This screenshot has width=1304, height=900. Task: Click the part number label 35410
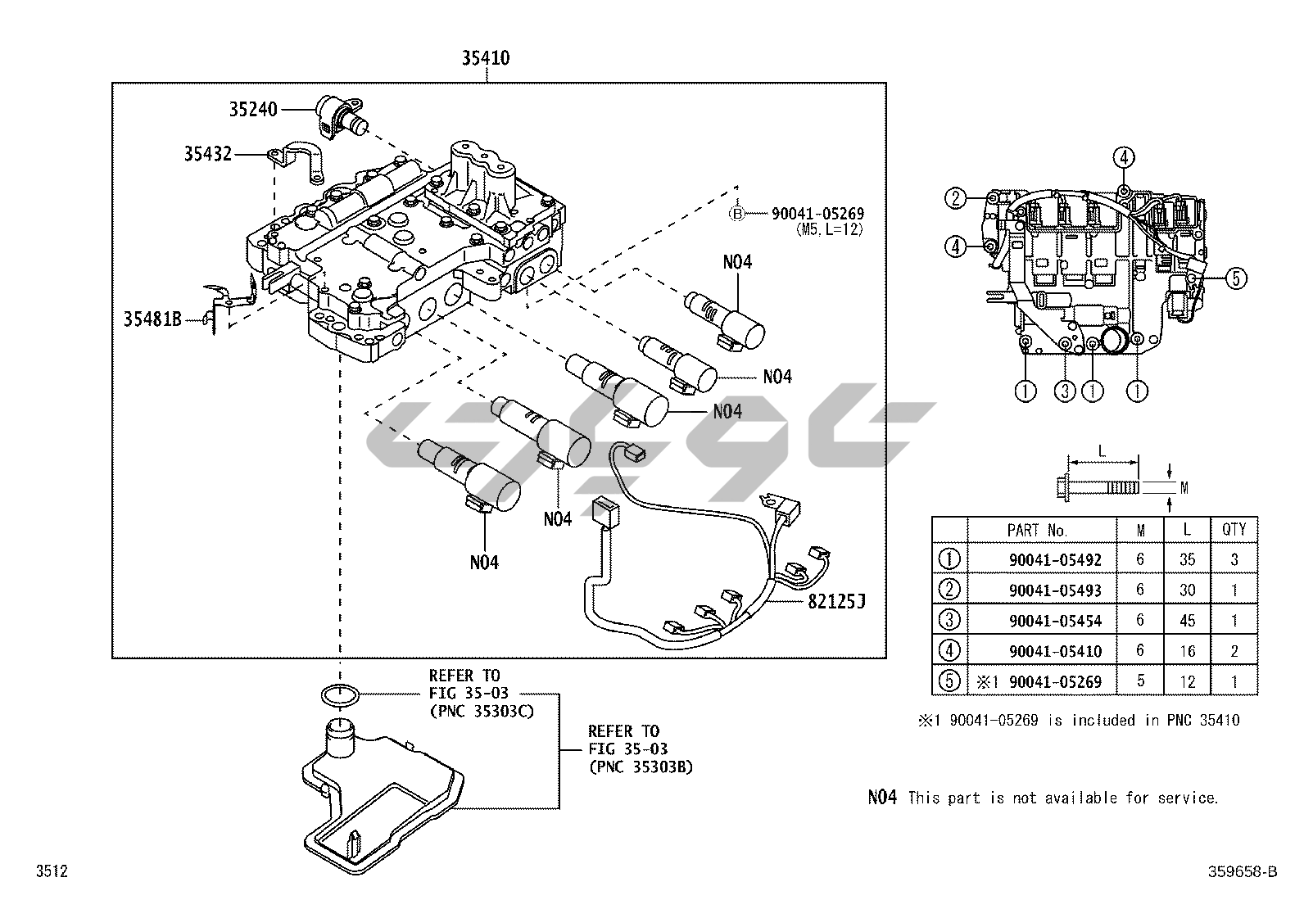(x=486, y=58)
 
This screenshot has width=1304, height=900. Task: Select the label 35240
(x=253, y=110)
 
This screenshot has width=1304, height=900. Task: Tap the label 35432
(x=207, y=153)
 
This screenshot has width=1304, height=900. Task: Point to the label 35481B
(x=152, y=319)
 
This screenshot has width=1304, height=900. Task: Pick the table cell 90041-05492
(x=1055, y=560)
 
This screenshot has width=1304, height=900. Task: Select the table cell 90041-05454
(x=1055, y=621)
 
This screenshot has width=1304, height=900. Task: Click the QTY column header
(x=1234, y=530)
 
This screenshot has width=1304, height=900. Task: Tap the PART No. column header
(x=1037, y=531)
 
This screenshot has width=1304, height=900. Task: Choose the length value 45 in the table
(x=1187, y=621)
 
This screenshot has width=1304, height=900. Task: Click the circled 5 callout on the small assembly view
(x=1236, y=278)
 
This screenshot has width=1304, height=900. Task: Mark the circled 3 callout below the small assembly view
(x=1064, y=391)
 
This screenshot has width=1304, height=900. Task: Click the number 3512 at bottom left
(x=51, y=871)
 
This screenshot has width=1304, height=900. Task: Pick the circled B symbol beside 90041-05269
(x=737, y=214)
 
